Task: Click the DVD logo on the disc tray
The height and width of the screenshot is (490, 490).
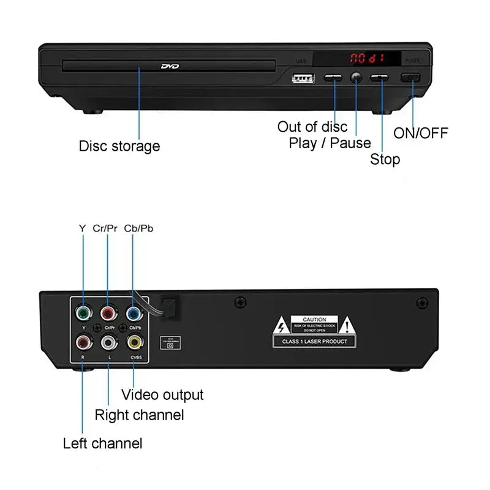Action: tap(170, 66)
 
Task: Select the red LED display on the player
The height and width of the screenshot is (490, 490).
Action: tap(367, 59)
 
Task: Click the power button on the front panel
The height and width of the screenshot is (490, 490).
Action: tap(411, 77)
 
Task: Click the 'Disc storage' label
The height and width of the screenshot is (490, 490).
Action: tap(119, 146)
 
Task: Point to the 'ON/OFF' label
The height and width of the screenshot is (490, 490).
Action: tap(421, 133)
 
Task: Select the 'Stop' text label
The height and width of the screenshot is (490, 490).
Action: tap(385, 160)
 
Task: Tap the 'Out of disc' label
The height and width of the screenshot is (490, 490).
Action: tap(312, 127)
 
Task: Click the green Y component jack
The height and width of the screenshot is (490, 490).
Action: tap(83, 314)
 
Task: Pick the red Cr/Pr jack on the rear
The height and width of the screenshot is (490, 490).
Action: tap(108, 314)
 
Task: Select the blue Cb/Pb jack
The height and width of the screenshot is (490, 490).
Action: tap(134, 314)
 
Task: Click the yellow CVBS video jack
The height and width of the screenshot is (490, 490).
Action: tap(134, 342)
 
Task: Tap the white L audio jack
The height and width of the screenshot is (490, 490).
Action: tap(108, 342)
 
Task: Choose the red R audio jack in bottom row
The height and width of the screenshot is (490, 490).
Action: tap(83, 342)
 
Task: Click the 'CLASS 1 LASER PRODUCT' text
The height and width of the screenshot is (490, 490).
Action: tap(314, 341)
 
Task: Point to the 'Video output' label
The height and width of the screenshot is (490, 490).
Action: tap(162, 395)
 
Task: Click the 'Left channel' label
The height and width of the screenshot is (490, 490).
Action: tap(103, 443)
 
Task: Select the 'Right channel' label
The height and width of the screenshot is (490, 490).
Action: tap(139, 415)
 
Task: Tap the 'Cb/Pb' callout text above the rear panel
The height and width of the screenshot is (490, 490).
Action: tap(139, 228)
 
